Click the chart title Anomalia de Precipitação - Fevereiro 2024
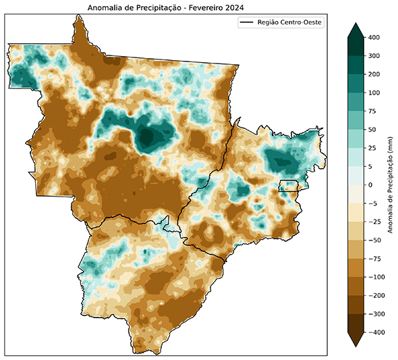click(x=166, y=7)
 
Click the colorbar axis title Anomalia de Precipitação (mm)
click(x=392, y=184)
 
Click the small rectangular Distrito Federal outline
click(x=288, y=186)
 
